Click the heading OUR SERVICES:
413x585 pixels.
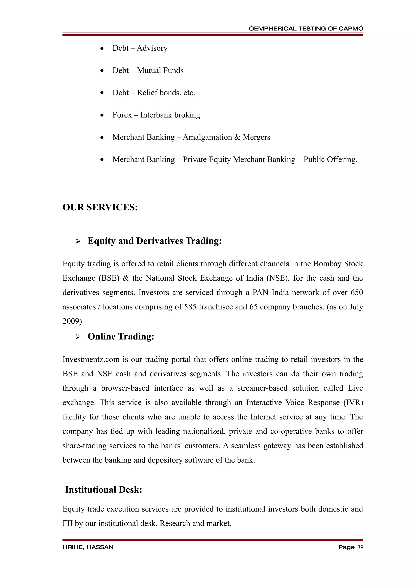(100, 207)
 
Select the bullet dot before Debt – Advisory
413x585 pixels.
(102, 48)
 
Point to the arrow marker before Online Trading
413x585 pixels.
(78, 337)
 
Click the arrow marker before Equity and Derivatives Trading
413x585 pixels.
(78, 241)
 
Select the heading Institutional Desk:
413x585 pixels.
(104, 490)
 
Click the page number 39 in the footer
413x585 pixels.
(360, 547)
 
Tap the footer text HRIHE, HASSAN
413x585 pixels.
(88, 547)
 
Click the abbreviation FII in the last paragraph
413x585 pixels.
(67, 523)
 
